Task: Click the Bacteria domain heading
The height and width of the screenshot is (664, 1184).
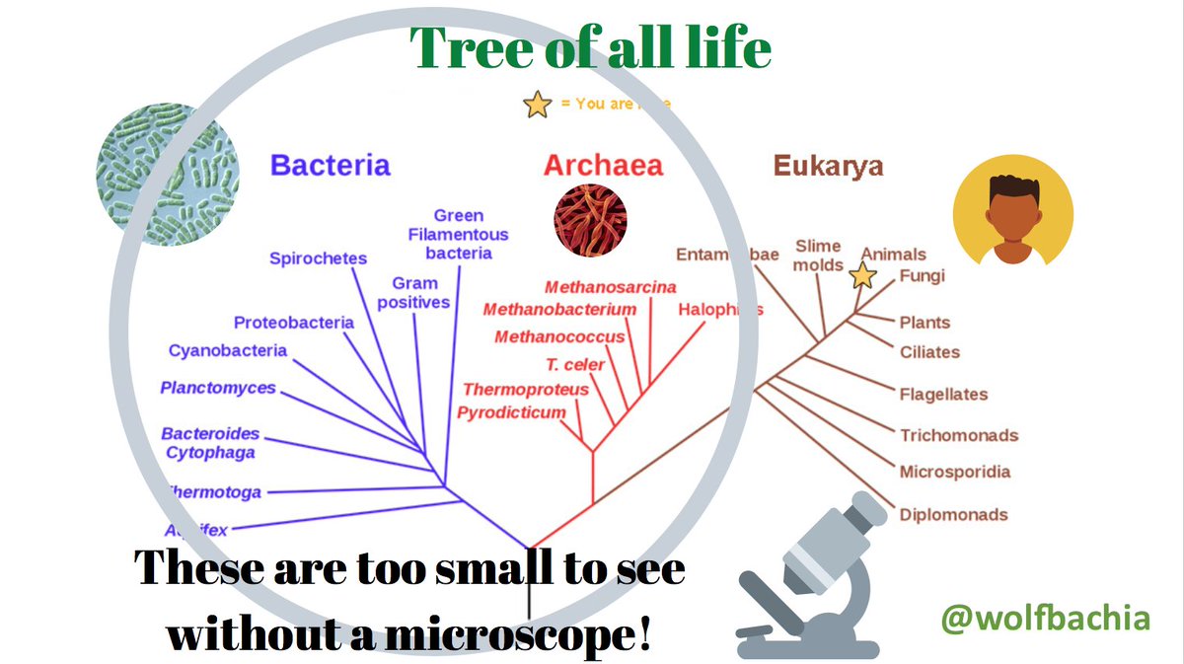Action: [x=330, y=165]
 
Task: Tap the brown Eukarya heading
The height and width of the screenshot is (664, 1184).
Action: [x=828, y=165]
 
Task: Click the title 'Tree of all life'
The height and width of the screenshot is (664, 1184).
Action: [x=590, y=46]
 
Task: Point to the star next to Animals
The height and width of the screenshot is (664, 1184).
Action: [x=863, y=275]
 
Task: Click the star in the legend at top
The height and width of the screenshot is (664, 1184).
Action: [x=538, y=104]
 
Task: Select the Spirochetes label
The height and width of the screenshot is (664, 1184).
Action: [x=318, y=258]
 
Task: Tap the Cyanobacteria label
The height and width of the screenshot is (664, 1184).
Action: [x=228, y=350]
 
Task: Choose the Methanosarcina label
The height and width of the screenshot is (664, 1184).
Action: [x=610, y=287]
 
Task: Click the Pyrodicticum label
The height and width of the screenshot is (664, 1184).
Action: [x=511, y=412]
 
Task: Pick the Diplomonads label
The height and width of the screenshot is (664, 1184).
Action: [x=953, y=514]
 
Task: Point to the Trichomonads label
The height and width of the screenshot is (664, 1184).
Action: [x=958, y=435]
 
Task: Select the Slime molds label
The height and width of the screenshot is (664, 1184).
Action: [x=819, y=255]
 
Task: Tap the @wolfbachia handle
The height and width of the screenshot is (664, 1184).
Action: [x=1045, y=619]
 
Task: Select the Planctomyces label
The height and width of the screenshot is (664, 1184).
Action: [x=218, y=388]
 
